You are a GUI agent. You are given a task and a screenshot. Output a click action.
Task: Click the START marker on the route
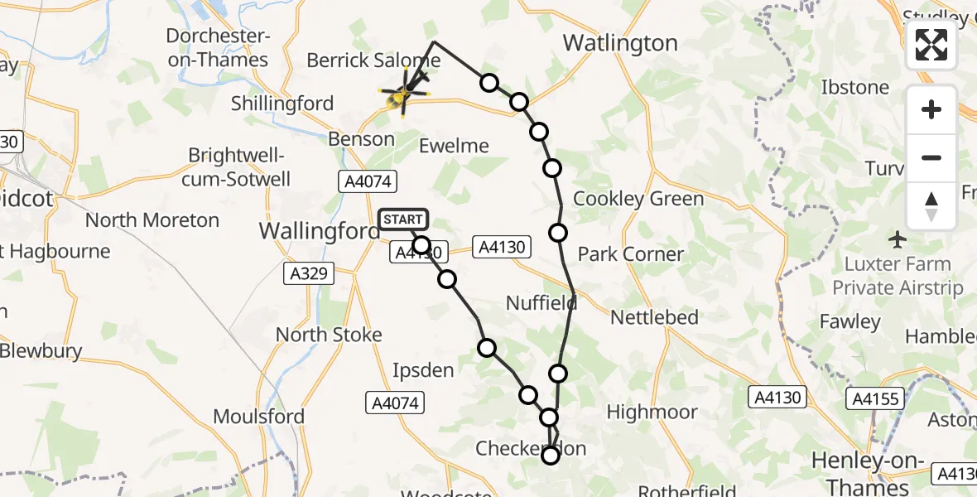click(403, 220)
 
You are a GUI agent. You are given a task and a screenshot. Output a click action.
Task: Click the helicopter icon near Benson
click(404, 94)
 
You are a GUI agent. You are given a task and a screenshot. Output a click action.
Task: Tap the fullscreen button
click(931, 45)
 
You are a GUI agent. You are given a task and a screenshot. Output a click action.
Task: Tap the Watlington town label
click(620, 43)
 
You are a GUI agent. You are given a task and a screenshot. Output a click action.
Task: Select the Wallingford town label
click(320, 230)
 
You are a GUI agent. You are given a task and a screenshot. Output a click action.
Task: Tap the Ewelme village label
click(454, 146)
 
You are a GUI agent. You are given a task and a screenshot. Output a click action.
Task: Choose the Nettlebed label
click(654, 316)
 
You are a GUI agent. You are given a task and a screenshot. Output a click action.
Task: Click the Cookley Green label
click(638, 199)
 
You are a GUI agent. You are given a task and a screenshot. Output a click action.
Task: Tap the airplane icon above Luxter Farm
click(898, 240)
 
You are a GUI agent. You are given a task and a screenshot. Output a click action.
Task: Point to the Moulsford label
click(259, 416)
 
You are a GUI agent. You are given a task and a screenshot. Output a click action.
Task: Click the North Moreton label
click(152, 220)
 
